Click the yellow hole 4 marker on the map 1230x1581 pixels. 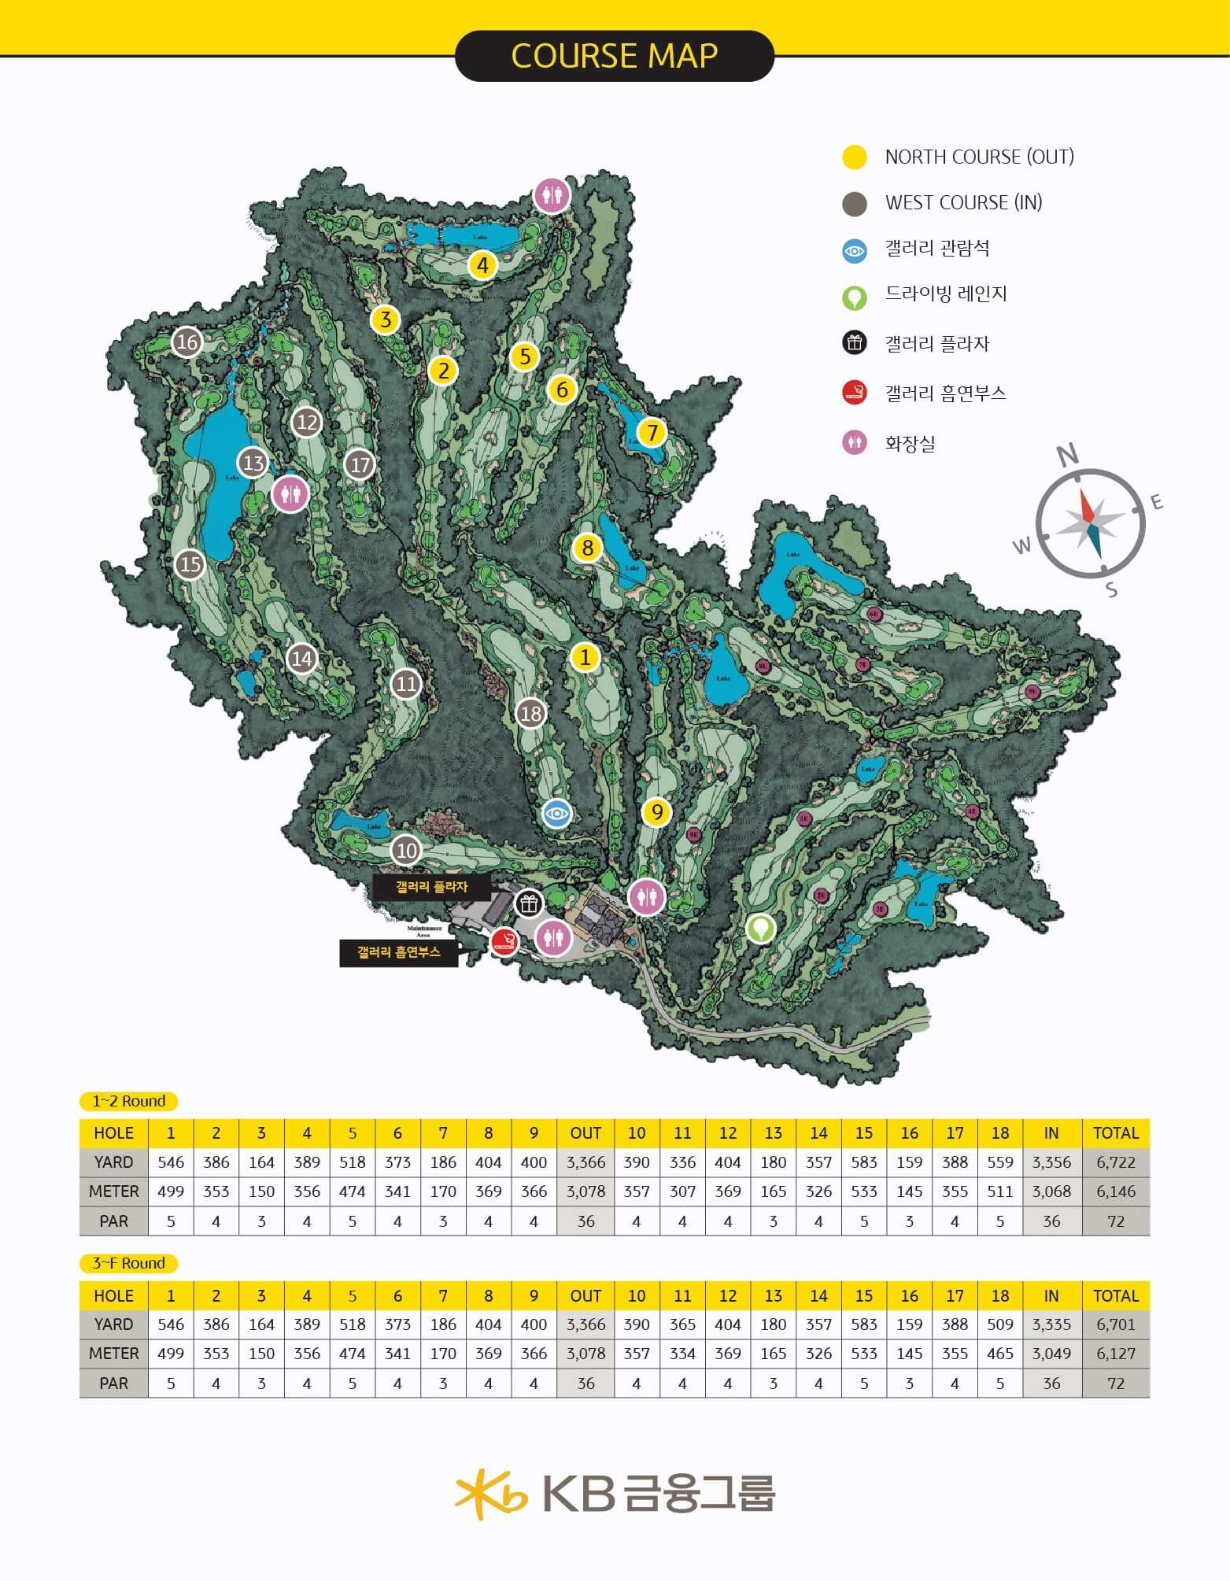click(x=482, y=265)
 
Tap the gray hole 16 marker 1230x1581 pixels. click(x=187, y=342)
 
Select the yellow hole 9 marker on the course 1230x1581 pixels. click(x=656, y=811)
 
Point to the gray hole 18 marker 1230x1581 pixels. click(x=531, y=713)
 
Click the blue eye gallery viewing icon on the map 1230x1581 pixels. click(x=557, y=813)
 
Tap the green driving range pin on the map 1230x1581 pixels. click(x=760, y=928)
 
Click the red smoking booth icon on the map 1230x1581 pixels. click(x=504, y=941)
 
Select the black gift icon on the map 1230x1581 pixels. click(x=529, y=903)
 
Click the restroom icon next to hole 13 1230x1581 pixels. click(x=290, y=494)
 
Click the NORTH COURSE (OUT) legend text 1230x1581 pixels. click(x=979, y=157)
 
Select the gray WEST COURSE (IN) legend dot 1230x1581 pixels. click(x=855, y=204)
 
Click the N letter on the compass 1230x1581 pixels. click(x=1067, y=455)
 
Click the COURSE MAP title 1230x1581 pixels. click(x=614, y=56)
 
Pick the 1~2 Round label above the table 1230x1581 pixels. click(x=129, y=1101)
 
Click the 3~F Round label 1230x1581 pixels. click(x=129, y=1263)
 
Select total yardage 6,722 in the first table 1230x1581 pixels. click(x=1115, y=1162)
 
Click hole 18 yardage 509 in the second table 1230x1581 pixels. click(x=999, y=1324)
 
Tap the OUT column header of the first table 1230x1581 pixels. click(x=585, y=1133)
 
